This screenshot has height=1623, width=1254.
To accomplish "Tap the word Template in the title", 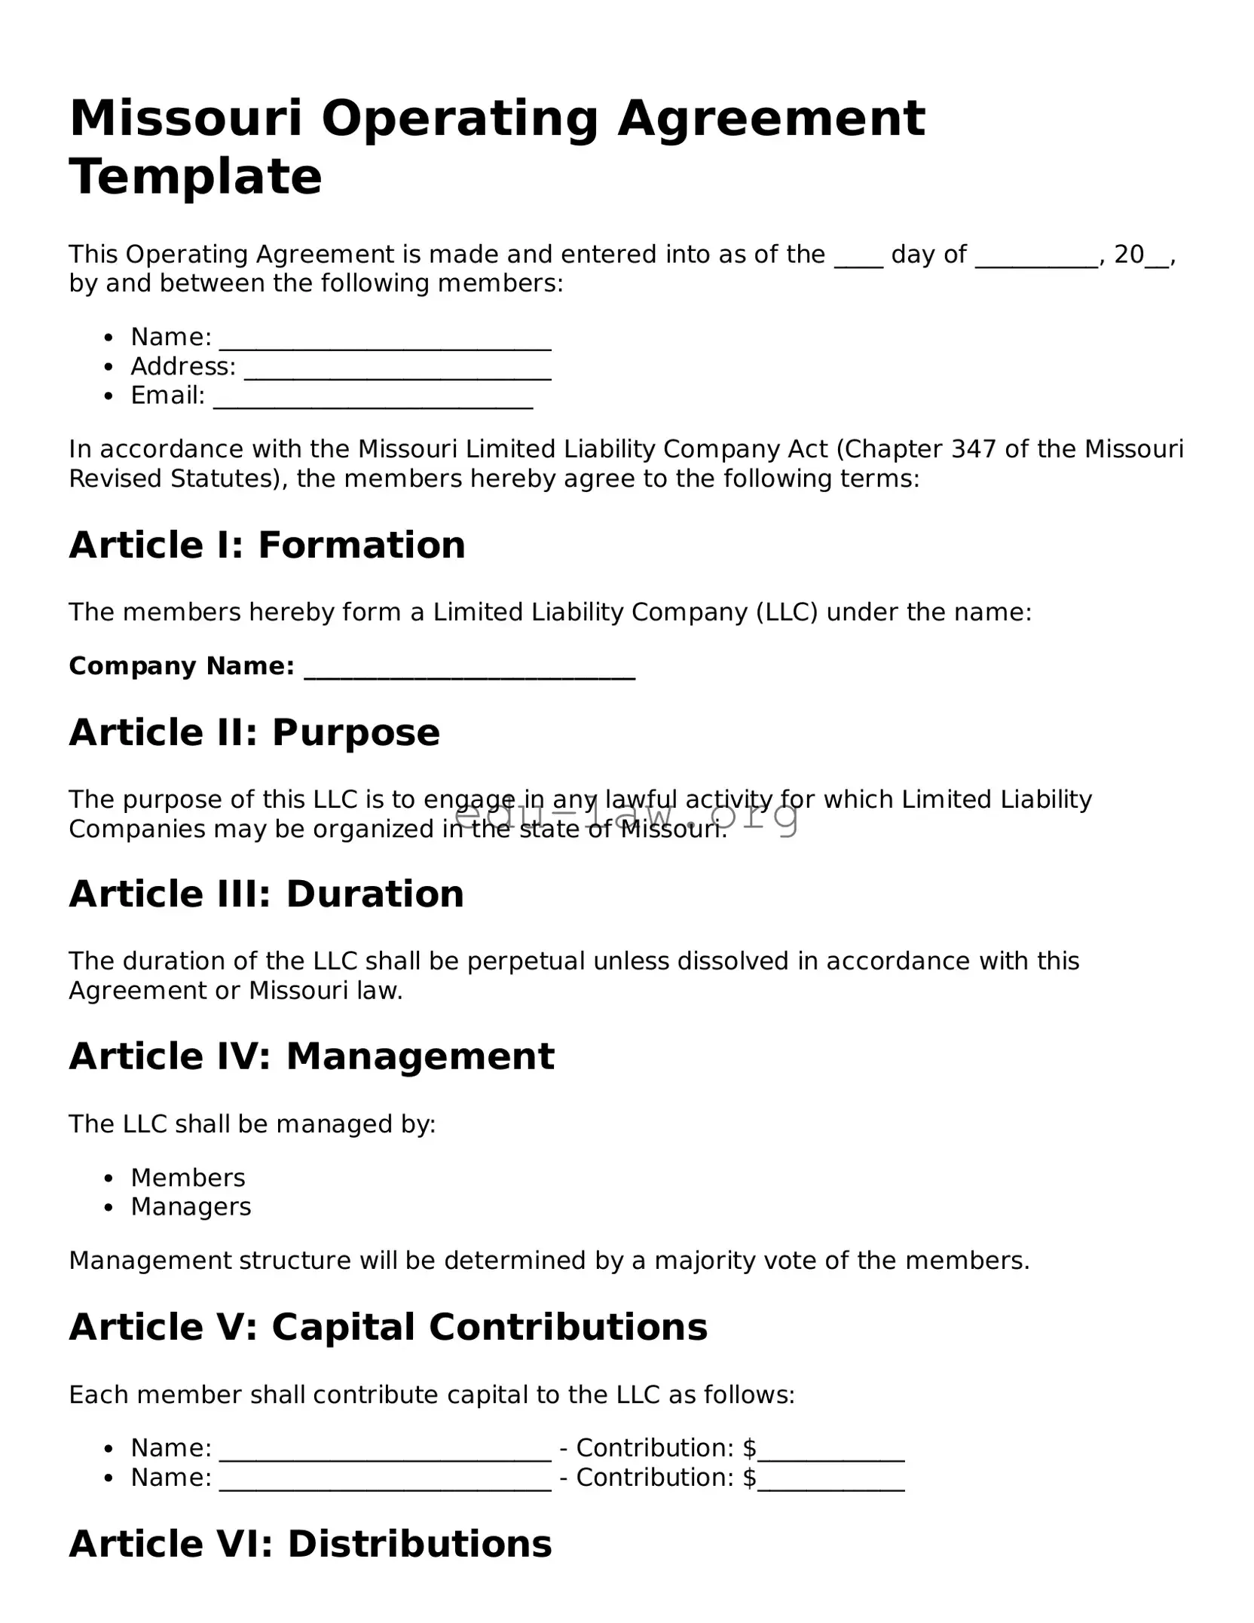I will [196, 177].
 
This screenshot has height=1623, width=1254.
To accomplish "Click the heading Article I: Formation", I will [268, 545].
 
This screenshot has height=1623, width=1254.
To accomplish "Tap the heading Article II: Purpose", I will [255, 732].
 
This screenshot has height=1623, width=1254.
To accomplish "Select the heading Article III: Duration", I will [267, 894].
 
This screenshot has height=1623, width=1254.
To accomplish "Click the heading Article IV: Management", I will [312, 1056].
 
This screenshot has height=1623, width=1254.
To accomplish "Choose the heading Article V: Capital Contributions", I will [389, 1327].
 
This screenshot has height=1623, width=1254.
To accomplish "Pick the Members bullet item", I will [188, 1178].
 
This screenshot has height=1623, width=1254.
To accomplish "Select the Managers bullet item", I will [191, 1207].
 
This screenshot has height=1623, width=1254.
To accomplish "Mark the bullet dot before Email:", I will [109, 396].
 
